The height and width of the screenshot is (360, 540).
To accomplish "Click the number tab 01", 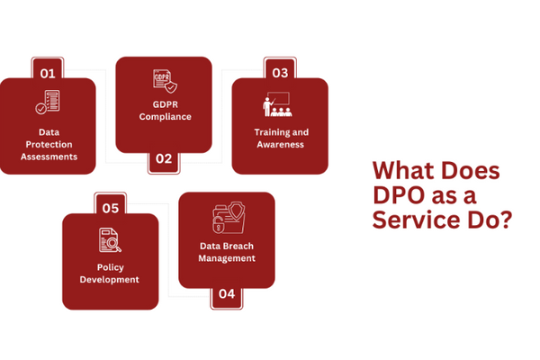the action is pyautogui.click(x=48, y=72).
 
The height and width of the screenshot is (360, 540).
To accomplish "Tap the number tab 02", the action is pyautogui.click(x=163, y=159).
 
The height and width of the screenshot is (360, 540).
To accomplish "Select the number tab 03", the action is pyautogui.click(x=280, y=72).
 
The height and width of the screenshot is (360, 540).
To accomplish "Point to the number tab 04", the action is pyautogui.click(x=226, y=293).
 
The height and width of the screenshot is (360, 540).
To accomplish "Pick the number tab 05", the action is pyautogui.click(x=111, y=208).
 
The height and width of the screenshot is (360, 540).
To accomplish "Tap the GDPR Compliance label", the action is pyautogui.click(x=165, y=111).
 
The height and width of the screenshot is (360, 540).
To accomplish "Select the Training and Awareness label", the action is pyautogui.click(x=281, y=138).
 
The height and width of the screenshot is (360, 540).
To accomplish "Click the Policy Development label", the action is pyautogui.click(x=111, y=273).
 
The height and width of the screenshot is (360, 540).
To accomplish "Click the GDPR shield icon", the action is pyautogui.click(x=163, y=82).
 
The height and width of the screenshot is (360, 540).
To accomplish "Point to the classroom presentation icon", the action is pyautogui.click(x=280, y=105).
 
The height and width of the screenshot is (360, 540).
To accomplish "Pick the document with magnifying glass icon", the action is pyautogui.click(x=110, y=240).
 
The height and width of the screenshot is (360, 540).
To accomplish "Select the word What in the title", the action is pyautogui.click(x=399, y=171).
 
